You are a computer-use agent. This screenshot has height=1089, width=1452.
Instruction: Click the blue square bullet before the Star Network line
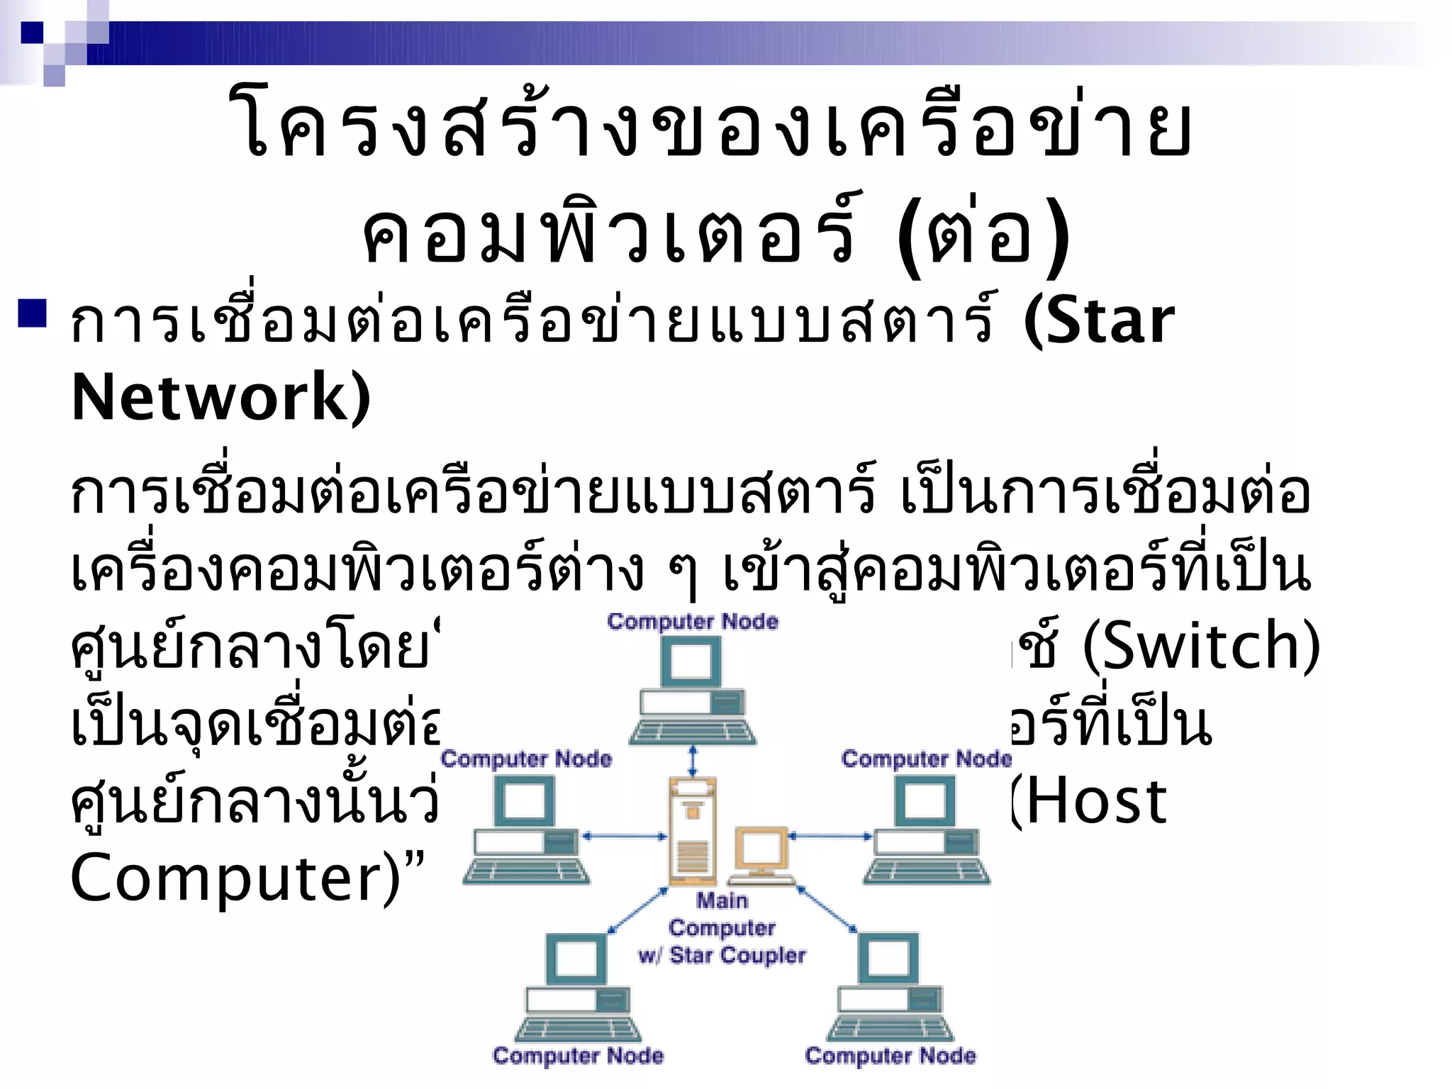click(x=33, y=314)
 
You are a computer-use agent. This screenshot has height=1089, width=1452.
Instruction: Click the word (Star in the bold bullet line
click(x=1098, y=321)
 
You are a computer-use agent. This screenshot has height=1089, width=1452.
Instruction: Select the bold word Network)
click(x=220, y=397)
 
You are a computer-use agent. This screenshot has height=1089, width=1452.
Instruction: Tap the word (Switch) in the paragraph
click(x=1201, y=645)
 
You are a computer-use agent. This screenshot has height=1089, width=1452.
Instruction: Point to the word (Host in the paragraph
click(x=1088, y=801)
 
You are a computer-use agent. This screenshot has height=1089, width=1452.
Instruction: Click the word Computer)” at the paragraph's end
click(x=247, y=878)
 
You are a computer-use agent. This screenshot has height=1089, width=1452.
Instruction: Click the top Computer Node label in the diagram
click(x=693, y=622)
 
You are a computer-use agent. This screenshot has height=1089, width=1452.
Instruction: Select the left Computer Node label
click(x=526, y=759)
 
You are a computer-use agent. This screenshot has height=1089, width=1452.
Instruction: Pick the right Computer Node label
click(x=926, y=759)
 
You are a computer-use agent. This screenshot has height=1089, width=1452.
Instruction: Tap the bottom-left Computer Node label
click(x=579, y=1056)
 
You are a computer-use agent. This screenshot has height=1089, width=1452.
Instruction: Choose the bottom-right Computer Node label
click(x=890, y=1056)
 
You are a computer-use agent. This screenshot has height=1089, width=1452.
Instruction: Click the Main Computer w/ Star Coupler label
click(x=722, y=928)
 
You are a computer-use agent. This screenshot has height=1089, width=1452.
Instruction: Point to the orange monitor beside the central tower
click(x=762, y=851)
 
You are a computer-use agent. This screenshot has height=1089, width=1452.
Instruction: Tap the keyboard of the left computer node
click(x=526, y=870)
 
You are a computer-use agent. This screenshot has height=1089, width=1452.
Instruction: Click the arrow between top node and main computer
click(x=693, y=761)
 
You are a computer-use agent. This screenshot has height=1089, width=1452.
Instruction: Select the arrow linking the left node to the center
click(x=625, y=837)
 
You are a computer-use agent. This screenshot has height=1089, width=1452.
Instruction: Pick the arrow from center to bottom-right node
click(x=827, y=909)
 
